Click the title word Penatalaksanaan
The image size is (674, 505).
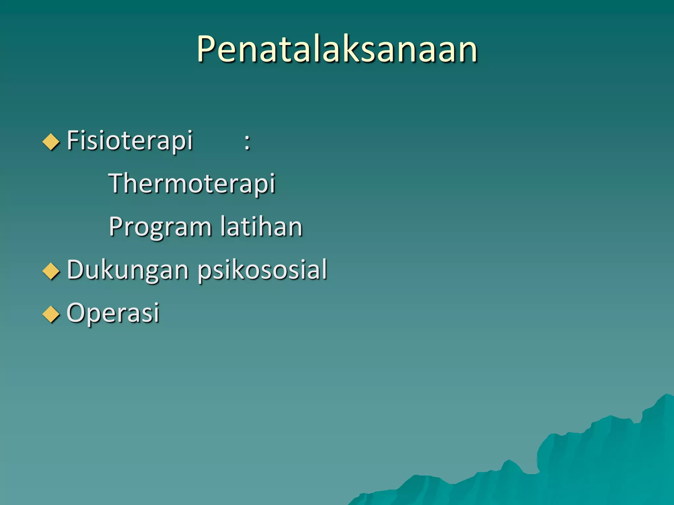pyautogui.click(x=337, y=49)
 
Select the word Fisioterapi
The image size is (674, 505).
pyautogui.click(x=130, y=141)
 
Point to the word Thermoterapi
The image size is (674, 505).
pyautogui.click(x=192, y=183)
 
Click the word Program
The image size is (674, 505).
pyautogui.click(x=160, y=227)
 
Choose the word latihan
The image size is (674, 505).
pyautogui.click(x=261, y=227)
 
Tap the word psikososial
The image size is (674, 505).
pyautogui.click(x=262, y=270)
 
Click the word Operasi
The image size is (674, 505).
pyautogui.click(x=113, y=313)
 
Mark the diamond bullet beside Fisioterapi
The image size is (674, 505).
pyautogui.click(x=51, y=142)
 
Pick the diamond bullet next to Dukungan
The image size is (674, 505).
pyautogui.click(x=51, y=271)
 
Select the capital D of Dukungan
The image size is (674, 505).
pyautogui.click(x=76, y=270)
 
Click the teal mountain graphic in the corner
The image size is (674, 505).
pyautogui.click(x=592, y=467)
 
